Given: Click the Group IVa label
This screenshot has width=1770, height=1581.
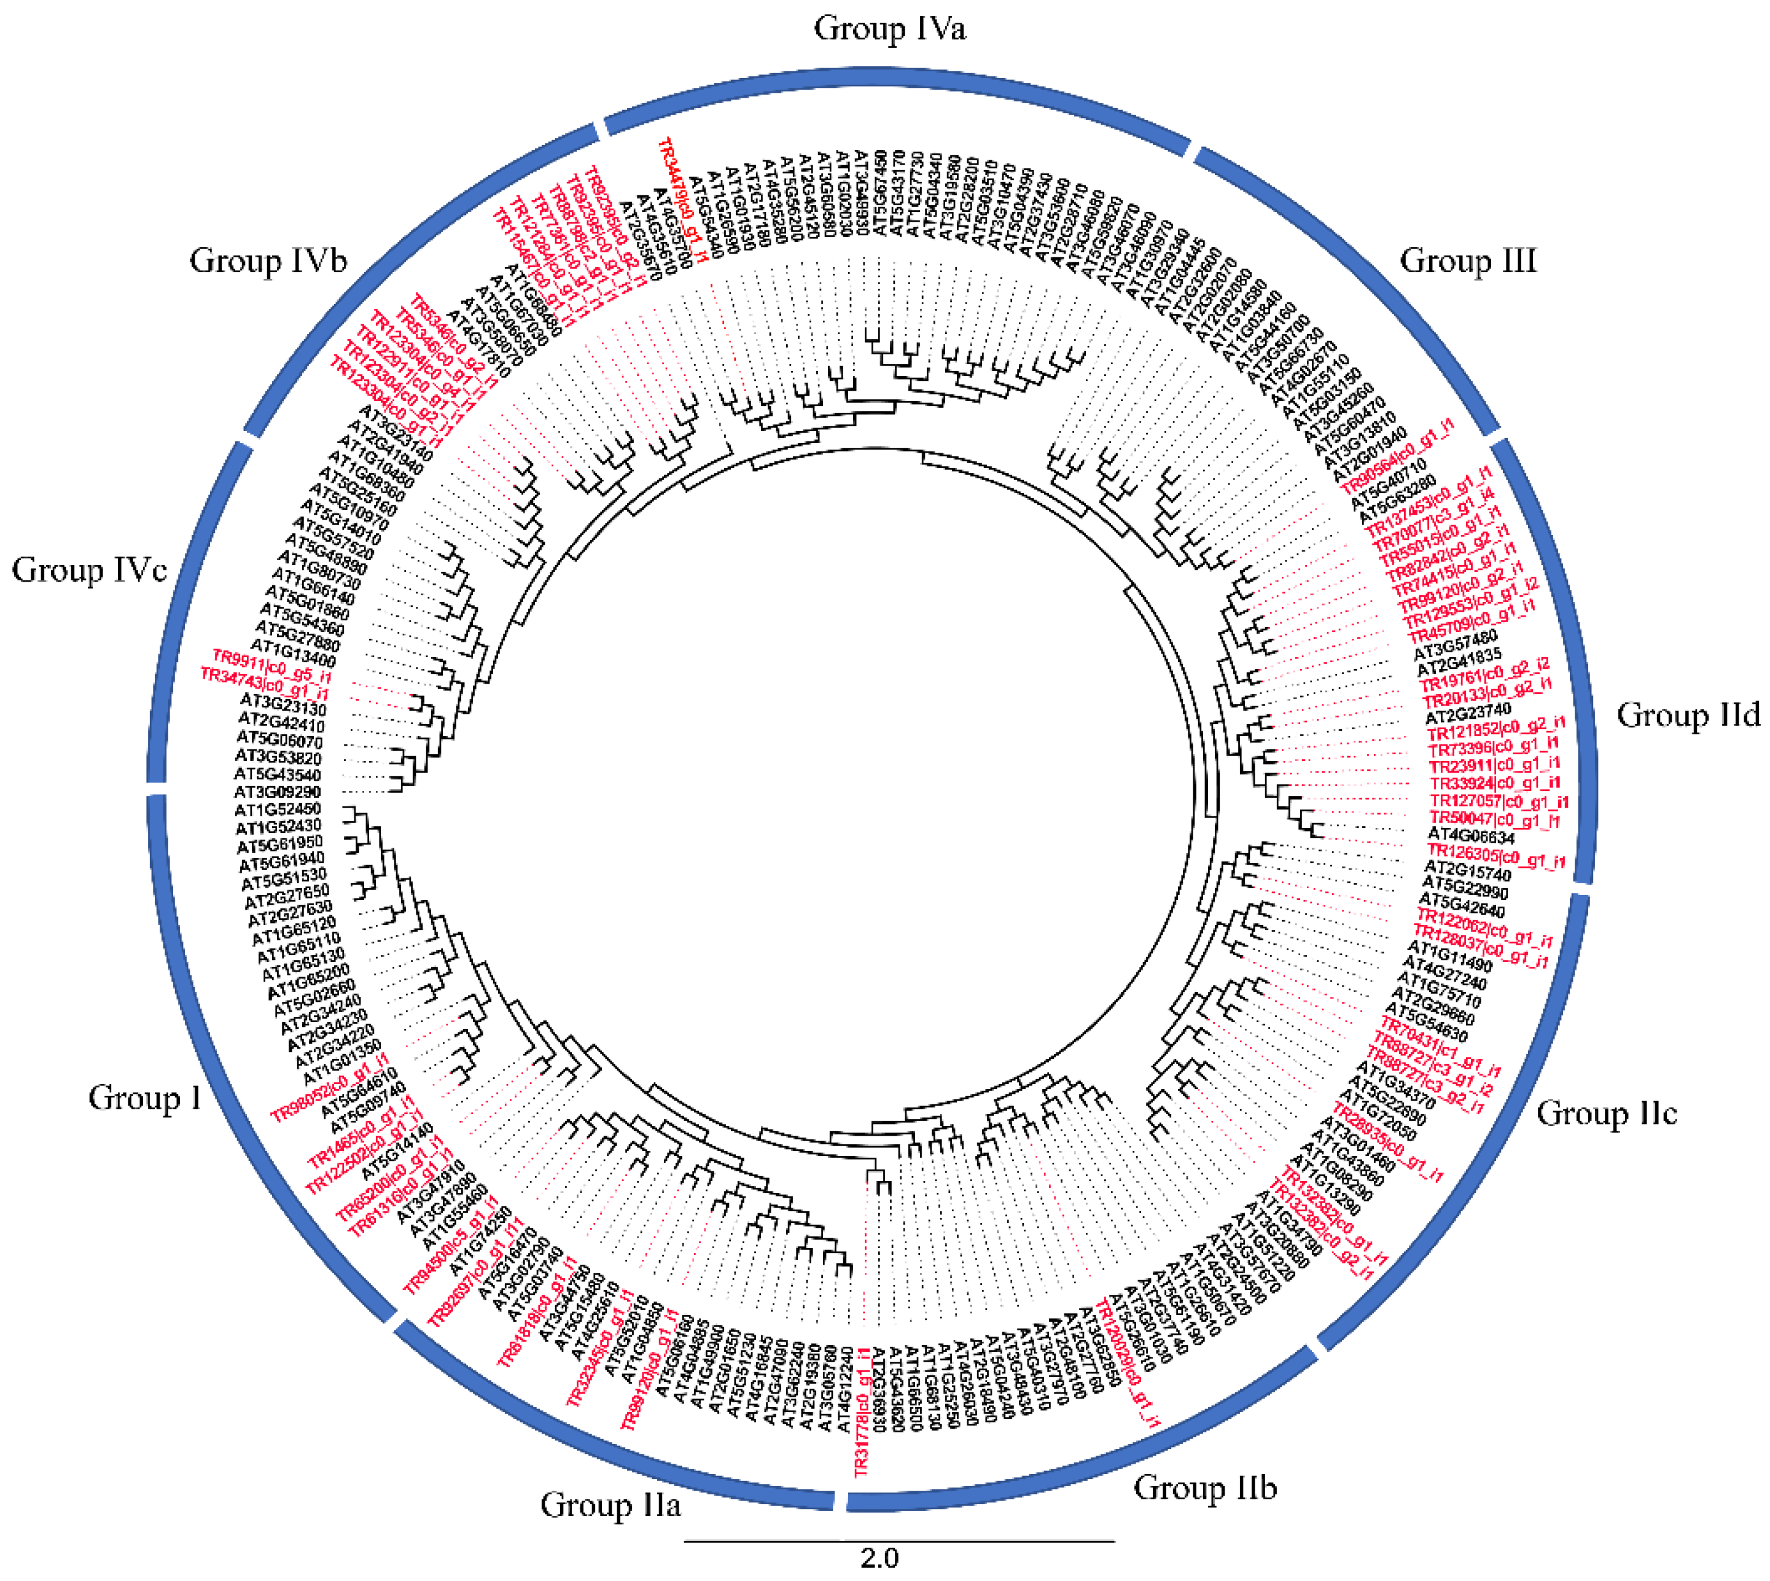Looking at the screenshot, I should (889, 29).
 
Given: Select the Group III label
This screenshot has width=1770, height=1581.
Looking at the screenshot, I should (1468, 260).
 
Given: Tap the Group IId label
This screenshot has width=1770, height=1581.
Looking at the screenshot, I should (1688, 715).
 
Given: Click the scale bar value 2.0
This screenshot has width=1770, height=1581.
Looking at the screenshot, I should (879, 1558).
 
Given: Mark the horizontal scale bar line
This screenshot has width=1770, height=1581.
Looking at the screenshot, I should (899, 1542).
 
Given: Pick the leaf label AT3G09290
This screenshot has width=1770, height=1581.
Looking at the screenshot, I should (277, 792).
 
